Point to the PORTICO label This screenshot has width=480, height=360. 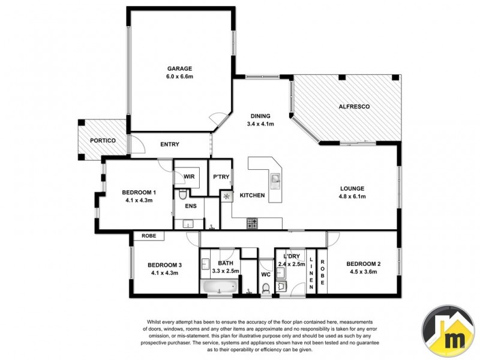102,141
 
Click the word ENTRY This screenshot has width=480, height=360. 170,145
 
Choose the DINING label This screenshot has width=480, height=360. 260,116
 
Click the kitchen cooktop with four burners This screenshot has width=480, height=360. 253,224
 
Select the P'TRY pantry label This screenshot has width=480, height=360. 220,177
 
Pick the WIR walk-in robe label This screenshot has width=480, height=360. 189,177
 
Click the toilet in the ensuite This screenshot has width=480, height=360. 182,194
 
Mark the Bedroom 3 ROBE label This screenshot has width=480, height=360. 149,236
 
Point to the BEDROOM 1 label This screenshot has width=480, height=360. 139,192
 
